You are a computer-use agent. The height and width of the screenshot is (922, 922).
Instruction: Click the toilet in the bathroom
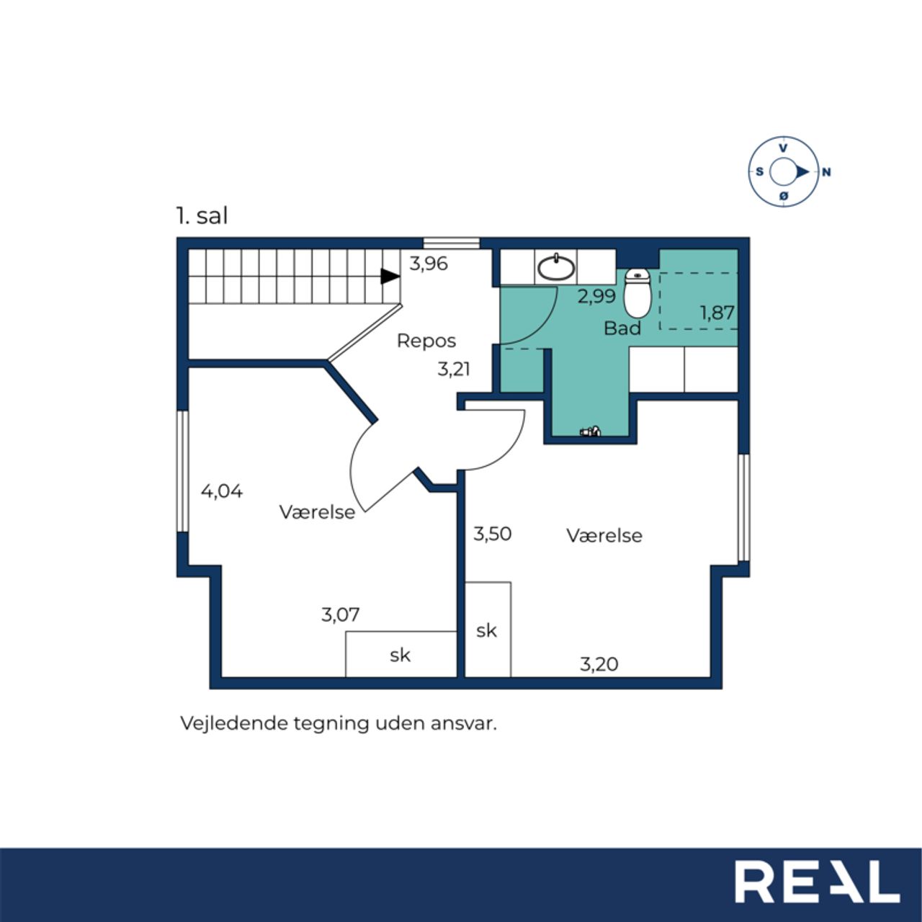click(637, 293)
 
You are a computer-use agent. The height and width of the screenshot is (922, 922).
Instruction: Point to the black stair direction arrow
click(390, 276)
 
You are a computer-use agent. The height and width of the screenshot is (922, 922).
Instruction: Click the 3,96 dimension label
click(428, 264)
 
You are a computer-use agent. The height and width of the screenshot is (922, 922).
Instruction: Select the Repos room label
click(426, 341)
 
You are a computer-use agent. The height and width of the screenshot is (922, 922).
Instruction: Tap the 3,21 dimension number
click(454, 369)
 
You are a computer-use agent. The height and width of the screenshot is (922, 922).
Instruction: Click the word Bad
click(622, 328)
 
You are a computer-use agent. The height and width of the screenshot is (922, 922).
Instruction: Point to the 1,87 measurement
click(717, 313)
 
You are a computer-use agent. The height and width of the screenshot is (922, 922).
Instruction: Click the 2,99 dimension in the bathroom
click(596, 297)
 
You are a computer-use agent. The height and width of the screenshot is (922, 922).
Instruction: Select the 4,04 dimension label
click(222, 491)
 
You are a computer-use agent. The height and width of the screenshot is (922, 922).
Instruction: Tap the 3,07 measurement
click(340, 614)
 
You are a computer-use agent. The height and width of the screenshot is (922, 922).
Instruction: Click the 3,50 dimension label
click(493, 534)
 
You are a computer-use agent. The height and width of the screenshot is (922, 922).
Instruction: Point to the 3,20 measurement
click(599, 664)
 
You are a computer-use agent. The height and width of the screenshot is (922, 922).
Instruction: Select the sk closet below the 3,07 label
click(401, 653)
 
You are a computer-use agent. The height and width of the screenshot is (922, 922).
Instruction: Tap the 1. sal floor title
click(202, 216)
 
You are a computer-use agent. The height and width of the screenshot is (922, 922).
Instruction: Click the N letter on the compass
click(825, 172)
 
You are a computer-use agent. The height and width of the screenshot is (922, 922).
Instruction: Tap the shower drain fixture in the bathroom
click(591, 431)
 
